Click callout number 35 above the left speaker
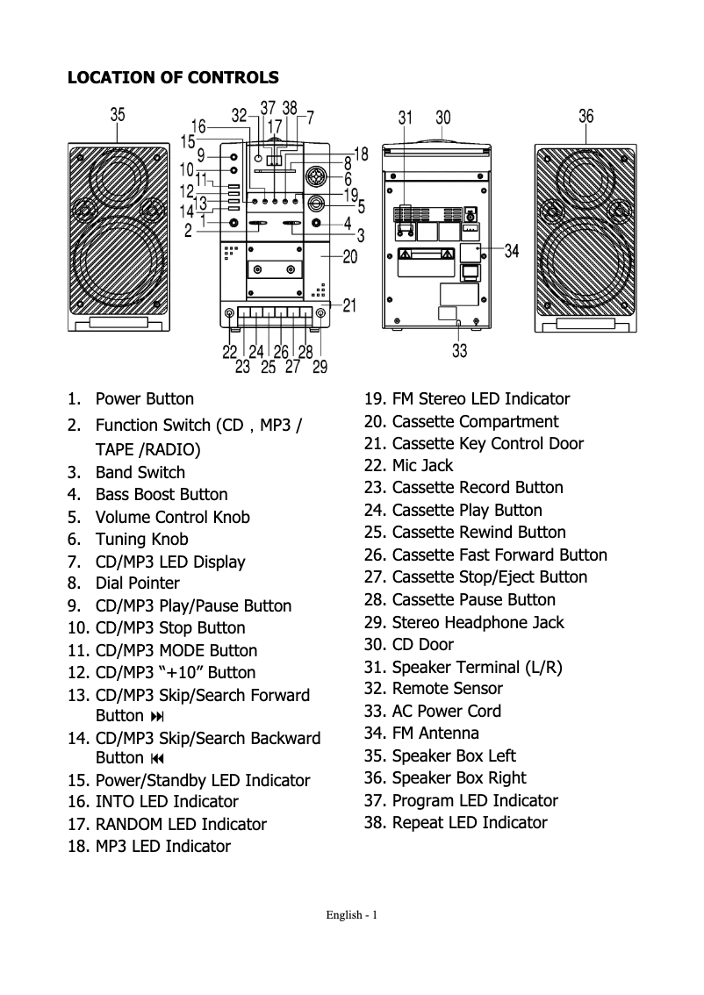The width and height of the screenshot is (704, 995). pyautogui.click(x=118, y=114)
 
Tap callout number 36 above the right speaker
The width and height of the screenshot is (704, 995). pyautogui.click(x=586, y=115)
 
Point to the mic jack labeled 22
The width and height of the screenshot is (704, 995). pyautogui.click(x=230, y=314)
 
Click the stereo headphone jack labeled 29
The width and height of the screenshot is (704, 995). pyautogui.click(x=320, y=314)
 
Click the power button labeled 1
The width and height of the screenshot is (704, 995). pyautogui.click(x=233, y=223)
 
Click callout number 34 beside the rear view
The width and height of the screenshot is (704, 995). pyautogui.click(x=512, y=252)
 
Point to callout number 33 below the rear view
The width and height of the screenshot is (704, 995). pyautogui.click(x=459, y=351)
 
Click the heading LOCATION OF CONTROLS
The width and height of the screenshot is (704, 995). pyautogui.click(x=173, y=77)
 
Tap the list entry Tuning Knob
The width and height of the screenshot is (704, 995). pyautogui.click(x=141, y=540)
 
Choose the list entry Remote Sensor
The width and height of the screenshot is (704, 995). pyautogui.click(x=447, y=689)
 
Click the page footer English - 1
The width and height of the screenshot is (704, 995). pyautogui.click(x=351, y=915)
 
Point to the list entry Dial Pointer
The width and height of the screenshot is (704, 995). pyautogui.click(x=137, y=583)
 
